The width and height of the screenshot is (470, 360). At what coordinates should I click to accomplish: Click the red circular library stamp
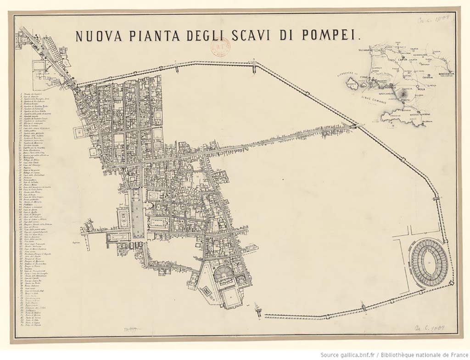[219, 47]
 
